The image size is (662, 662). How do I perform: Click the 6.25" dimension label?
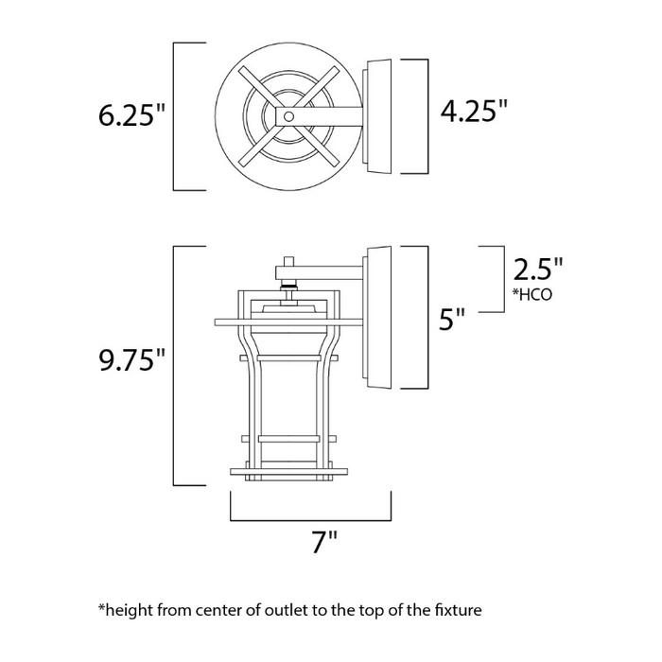[x=131, y=116]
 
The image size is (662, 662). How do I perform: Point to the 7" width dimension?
[x=324, y=543]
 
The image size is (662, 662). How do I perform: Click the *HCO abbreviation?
[x=531, y=294]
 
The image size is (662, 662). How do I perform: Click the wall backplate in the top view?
[x=377, y=116]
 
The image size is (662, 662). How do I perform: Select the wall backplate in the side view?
[x=377, y=318]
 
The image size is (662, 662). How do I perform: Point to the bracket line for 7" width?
[x=310, y=518]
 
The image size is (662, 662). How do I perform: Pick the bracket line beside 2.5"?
[x=499, y=278]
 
